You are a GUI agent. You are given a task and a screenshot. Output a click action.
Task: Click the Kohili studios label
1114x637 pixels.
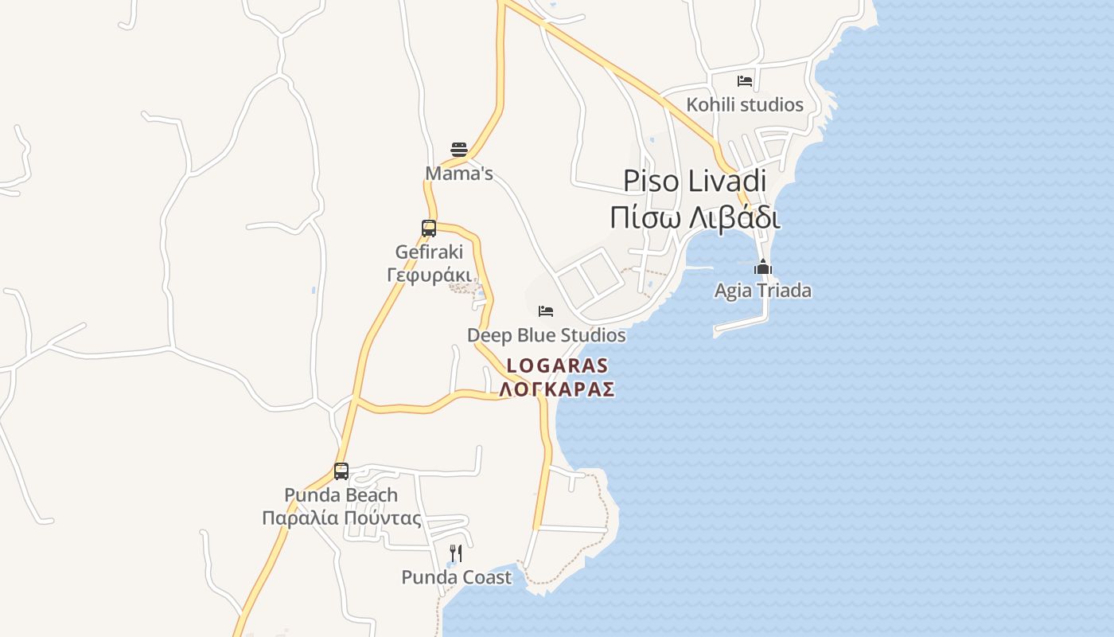coord(745,104)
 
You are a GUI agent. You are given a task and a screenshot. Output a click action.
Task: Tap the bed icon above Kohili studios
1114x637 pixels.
coord(745,80)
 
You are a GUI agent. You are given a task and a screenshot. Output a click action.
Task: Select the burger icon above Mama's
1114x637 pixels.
coord(459,150)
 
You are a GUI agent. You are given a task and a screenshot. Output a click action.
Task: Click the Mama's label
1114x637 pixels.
coord(459,174)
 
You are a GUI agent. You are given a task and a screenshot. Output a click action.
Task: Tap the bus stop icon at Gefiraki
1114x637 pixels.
coord(429,229)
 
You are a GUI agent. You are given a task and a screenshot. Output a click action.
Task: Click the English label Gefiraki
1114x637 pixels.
coord(429,252)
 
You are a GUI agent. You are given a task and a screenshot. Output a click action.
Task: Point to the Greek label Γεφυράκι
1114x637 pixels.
coord(429,275)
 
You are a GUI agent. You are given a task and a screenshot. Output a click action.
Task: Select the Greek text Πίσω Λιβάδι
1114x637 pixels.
coord(695,217)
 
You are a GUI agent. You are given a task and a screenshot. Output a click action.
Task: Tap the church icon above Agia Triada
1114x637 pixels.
coord(763,267)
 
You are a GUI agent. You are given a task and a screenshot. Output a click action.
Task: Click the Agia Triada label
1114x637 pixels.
coord(763,291)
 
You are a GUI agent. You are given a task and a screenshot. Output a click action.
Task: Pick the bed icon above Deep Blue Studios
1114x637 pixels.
coord(546,311)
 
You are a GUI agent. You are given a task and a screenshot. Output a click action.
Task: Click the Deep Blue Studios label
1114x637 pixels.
coord(546,335)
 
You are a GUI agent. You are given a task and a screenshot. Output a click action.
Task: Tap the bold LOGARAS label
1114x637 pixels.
coord(557,365)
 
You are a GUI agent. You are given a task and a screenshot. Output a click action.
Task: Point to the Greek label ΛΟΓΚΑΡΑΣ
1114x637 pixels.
coord(557,389)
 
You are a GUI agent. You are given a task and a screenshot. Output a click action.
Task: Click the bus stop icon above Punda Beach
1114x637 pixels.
coord(341,471)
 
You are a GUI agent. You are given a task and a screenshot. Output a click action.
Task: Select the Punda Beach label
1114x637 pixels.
coord(341,495)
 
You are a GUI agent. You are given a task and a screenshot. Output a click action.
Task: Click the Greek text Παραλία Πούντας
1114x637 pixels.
coord(341,518)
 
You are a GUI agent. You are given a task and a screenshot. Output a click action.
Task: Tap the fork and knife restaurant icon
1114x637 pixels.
coord(456,553)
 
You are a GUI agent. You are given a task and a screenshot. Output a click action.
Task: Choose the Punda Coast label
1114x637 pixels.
coord(456,577)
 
